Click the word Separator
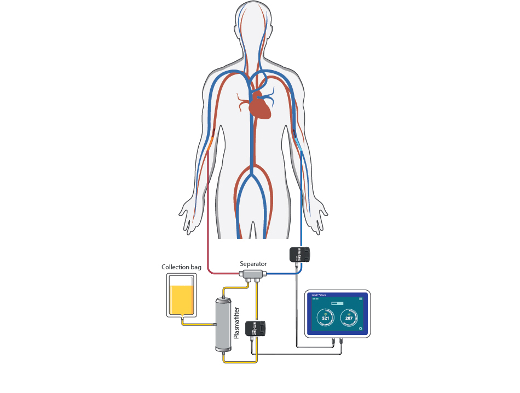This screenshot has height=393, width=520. pyautogui.click(x=253, y=264)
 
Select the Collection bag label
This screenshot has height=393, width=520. pyautogui.click(x=181, y=267)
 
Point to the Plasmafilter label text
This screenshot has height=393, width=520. pyautogui.click(x=236, y=323)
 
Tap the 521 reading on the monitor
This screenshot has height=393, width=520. pyautogui.click(x=325, y=317)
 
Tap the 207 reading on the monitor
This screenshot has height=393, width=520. pyautogui.click(x=349, y=317)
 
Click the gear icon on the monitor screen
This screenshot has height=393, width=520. pyautogui.click(x=360, y=329)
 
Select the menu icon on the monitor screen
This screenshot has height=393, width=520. pyautogui.click(x=360, y=299)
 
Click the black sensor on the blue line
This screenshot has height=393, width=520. pyautogui.click(x=299, y=254)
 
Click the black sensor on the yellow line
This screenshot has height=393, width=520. pyautogui.click(x=256, y=328)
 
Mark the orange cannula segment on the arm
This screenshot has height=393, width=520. pyautogui.click(x=210, y=144)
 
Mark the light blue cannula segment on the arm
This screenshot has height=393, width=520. pyautogui.click(x=298, y=145)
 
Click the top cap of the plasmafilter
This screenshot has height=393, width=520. pyautogui.click(x=223, y=299)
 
